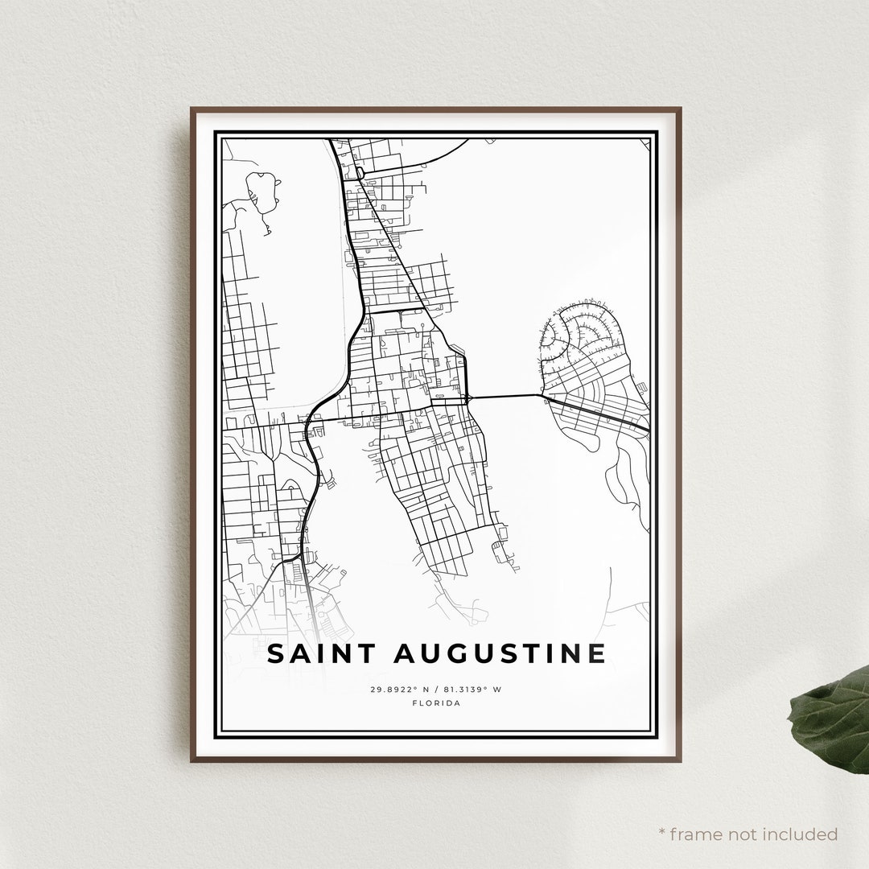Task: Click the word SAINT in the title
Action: tap(319, 653)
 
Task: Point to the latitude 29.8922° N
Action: tap(401, 690)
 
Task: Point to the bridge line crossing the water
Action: tap(505, 396)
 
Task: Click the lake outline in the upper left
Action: tap(262, 192)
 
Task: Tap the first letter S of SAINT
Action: tap(275, 653)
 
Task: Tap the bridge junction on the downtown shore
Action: tap(467, 397)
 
